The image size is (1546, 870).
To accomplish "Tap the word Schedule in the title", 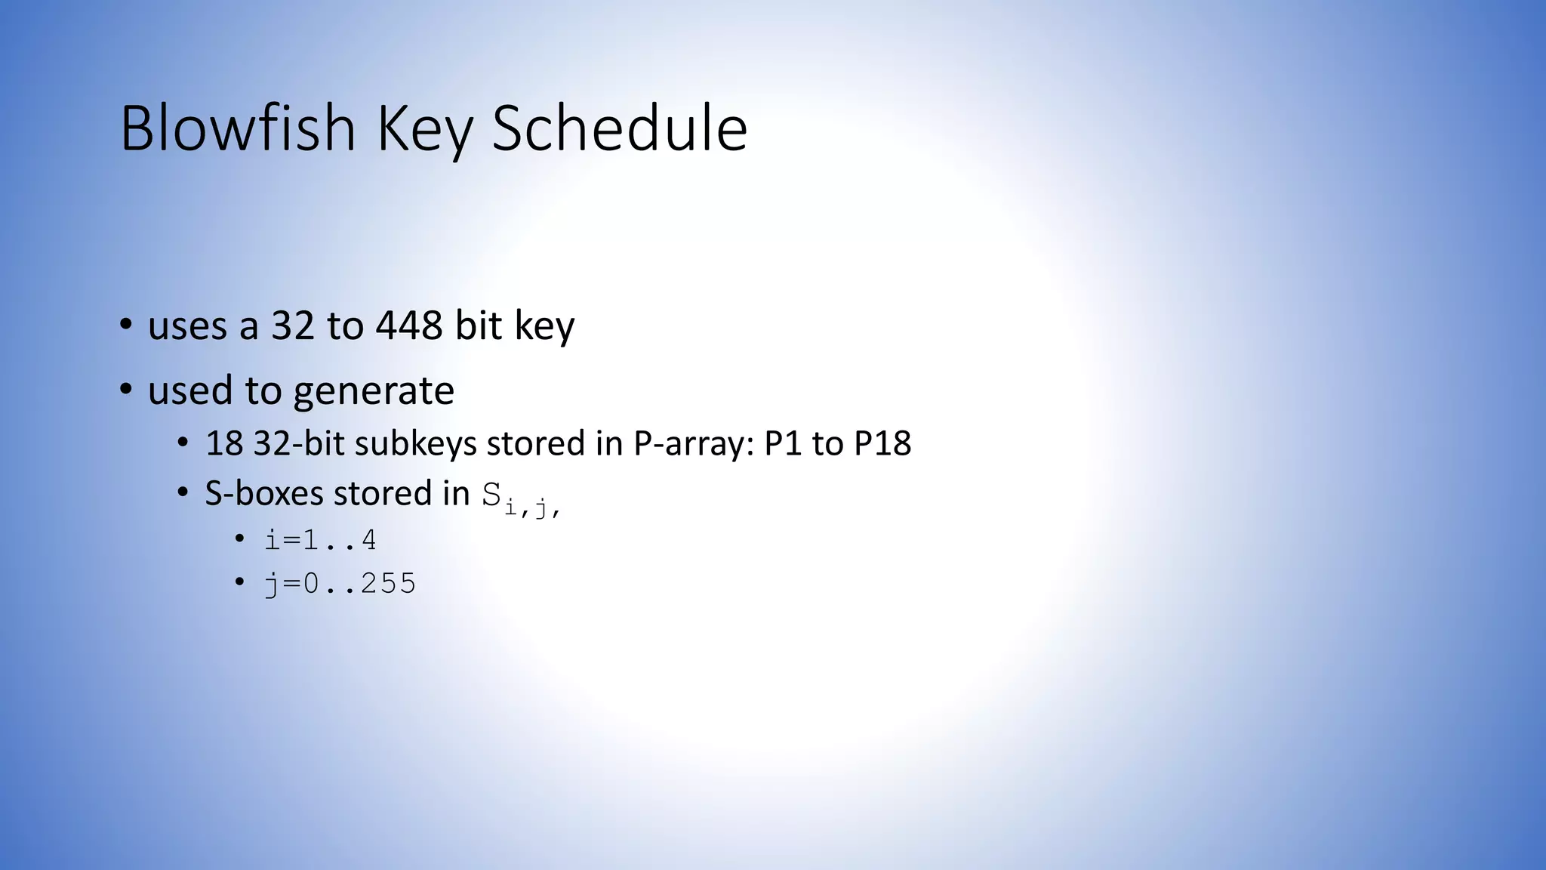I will point(619,128).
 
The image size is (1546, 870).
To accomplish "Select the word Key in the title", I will point(424,130).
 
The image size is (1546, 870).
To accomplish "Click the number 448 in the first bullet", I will point(409,325).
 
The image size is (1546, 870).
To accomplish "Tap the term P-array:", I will point(694,443).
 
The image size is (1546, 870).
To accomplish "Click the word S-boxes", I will point(264,493).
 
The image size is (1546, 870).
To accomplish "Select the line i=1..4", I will point(320,540).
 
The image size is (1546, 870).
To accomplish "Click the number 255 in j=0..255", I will point(388,583).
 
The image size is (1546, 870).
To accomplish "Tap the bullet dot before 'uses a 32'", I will point(126,325).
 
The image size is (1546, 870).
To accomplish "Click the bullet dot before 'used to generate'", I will point(126,390).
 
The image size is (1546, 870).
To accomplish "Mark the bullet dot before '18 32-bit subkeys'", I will point(183,443).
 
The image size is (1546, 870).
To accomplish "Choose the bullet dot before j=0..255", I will point(239,582).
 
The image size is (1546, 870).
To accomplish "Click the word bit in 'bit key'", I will point(478,325).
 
